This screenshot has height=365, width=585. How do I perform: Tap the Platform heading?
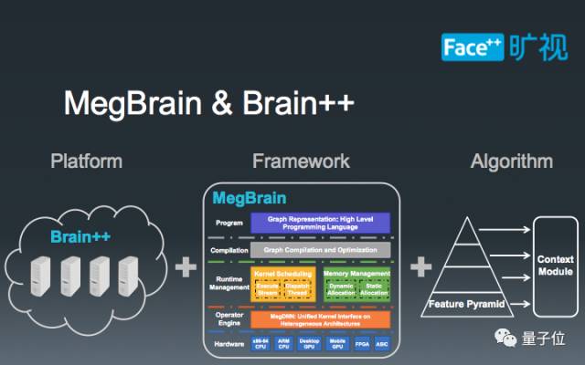(x=87, y=162)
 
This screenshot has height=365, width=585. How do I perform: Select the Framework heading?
(x=301, y=162)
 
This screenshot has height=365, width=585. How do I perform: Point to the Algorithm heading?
(x=512, y=162)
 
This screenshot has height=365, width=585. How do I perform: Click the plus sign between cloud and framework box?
(x=186, y=266)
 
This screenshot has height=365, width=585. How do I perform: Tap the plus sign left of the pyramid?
(x=421, y=266)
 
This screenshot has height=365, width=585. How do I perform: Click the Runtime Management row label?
(x=229, y=284)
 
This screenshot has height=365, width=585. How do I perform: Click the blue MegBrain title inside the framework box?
(x=250, y=198)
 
